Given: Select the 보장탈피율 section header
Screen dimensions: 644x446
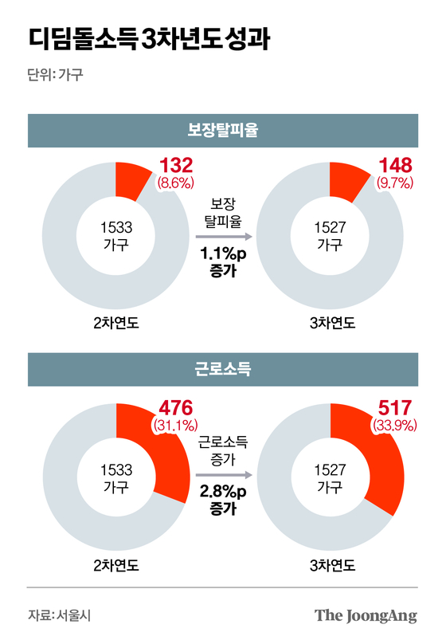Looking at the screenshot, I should coord(223,131).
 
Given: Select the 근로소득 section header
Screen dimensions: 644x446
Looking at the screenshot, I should coord(223,368).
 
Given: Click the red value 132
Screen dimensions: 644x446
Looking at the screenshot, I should coord(177,167).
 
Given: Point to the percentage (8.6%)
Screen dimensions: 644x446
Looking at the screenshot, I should coord(177,184).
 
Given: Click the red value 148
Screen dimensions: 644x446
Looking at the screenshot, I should coord(395,167).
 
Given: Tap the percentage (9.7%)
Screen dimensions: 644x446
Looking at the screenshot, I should coord(395,184).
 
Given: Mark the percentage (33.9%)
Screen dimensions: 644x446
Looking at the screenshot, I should coord(394,425).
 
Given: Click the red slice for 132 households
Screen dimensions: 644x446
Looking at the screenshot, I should coord(129,180).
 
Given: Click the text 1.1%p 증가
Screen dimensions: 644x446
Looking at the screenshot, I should coord(223,263).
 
